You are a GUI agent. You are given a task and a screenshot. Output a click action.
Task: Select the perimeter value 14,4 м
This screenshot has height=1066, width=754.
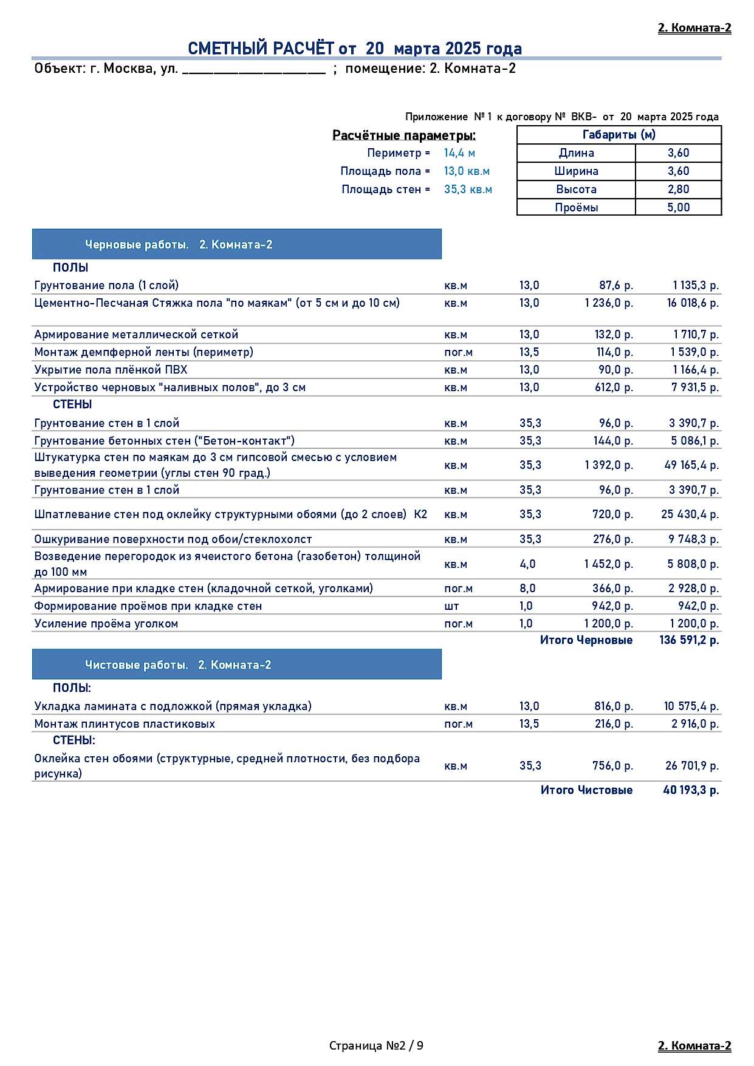pos(459,153)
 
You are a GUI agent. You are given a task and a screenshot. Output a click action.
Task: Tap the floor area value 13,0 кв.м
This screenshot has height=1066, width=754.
pos(467,171)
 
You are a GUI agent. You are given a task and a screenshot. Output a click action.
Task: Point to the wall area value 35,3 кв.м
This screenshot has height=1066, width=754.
pos(468,190)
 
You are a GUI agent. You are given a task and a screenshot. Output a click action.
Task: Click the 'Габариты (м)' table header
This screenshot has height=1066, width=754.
pos(619,135)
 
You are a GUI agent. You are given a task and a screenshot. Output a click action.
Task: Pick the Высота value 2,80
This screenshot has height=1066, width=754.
pos(678,190)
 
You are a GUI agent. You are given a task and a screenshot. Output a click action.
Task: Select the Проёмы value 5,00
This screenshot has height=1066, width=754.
pos(678,208)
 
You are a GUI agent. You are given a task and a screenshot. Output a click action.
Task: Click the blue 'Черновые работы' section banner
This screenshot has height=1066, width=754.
pos(236,245)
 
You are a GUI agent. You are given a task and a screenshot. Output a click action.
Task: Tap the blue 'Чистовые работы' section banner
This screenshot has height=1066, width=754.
pos(236,665)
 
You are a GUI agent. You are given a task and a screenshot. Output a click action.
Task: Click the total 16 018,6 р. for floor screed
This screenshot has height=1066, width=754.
pos(693,303)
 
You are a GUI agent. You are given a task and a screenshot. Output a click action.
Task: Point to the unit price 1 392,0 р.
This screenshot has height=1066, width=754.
pos(609,465)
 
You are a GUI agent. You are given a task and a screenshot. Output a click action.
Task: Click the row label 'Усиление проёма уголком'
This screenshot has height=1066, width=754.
pos(106,624)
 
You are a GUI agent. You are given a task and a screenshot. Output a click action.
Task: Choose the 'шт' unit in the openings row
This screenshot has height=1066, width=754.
pos(451,606)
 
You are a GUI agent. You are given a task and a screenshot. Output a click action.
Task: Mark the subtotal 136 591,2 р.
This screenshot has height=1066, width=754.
pos(689,640)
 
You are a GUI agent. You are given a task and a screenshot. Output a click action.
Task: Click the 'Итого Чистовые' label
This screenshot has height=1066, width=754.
pos(586,790)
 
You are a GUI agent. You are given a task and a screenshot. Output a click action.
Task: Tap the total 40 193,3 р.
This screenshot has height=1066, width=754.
pos(691,790)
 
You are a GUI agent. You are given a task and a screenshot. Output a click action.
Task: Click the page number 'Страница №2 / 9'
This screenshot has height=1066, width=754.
pos(376,1045)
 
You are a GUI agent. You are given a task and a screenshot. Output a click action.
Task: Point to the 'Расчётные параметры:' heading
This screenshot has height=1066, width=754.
pos(404,135)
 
